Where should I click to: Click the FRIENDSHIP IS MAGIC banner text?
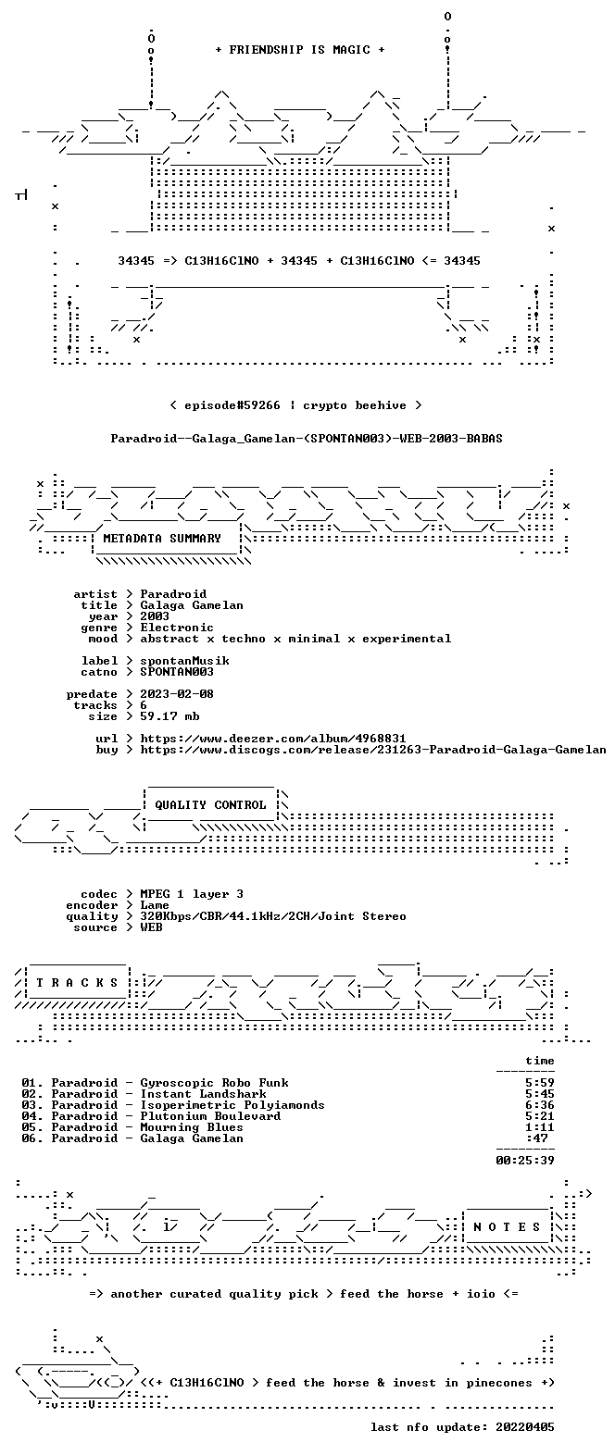(300, 50)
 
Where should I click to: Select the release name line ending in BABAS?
(307, 439)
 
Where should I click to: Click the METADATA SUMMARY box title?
(162, 539)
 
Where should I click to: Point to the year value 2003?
(155, 616)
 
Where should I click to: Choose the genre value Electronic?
(177, 628)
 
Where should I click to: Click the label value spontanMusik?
(184, 661)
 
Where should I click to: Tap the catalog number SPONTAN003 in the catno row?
(177, 672)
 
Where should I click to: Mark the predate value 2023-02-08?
(177, 694)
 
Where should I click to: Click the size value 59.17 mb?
(169, 716)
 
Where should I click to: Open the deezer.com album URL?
(273, 739)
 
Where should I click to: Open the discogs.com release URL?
(373, 750)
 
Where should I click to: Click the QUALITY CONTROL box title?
(210, 805)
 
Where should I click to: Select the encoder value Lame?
(155, 905)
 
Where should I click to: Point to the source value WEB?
(152, 927)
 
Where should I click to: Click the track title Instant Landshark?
(203, 1094)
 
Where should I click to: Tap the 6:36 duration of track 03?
(540, 1105)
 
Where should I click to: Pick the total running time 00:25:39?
(524, 1160)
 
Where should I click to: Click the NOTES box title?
(507, 1227)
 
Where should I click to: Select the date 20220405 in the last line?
(524, 1427)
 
